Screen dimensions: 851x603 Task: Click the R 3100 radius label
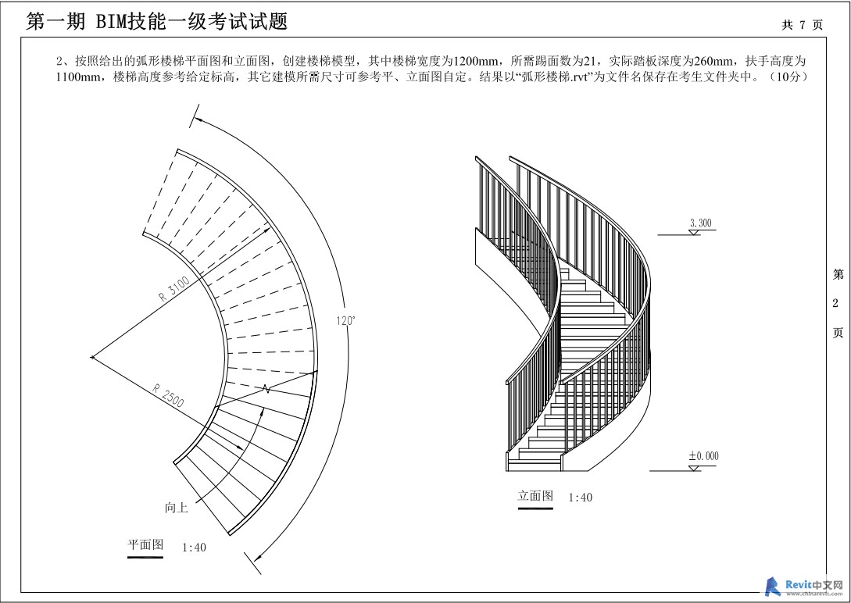[x=173, y=288]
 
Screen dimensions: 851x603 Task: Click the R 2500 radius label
[x=168, y=395]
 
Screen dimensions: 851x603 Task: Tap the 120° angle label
[x=345, y=320]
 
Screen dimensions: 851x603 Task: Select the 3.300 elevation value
[x=700, y=223]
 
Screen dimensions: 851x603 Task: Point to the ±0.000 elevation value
[x=703, y=456]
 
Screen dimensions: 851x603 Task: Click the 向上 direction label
[x=177, y=508]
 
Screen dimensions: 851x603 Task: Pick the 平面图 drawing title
[x=145, y=544]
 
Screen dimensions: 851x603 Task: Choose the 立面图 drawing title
[x=535, y=496]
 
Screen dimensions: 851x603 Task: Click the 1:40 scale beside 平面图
[x=194, y=548]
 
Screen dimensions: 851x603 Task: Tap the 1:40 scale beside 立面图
[x=580, y=498]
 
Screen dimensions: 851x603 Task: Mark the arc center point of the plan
[x=92, y=358]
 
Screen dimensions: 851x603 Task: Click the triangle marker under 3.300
[x=694, y=233]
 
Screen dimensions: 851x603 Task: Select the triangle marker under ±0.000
[x=694, y=468]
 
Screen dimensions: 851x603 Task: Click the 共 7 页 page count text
[x=802, y=25]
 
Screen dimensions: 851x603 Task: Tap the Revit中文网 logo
[x=804, y=586]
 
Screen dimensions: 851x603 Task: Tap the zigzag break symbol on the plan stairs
[x=266, y=388]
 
